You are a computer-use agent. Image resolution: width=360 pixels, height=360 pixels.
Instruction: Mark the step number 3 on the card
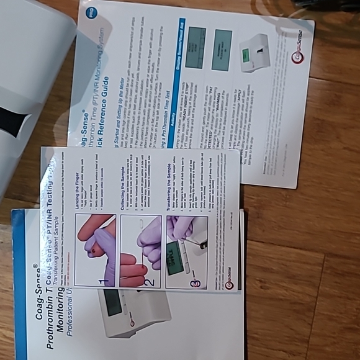pos(197,283)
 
